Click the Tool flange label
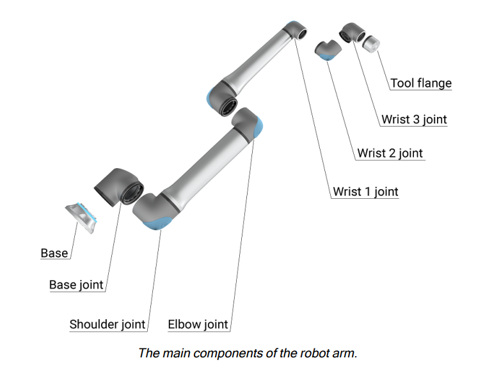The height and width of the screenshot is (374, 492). [420, 83]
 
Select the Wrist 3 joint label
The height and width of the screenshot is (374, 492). [413, 119]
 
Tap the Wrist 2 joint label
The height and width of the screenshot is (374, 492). [390, 153]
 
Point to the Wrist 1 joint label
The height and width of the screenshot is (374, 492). [365, 191]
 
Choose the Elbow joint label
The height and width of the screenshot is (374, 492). [198, 324]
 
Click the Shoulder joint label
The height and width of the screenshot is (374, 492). [107, 324]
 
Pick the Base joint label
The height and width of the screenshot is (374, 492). [76, 285]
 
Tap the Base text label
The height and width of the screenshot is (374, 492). [54, 253]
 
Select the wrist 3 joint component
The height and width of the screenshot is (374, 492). [351, 33]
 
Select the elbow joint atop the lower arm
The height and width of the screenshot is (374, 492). [248, 123]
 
